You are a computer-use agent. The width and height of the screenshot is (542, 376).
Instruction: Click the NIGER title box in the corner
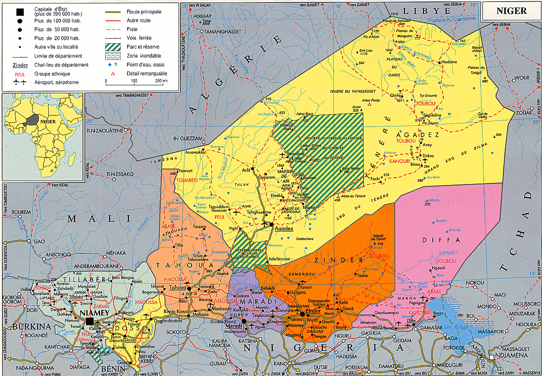point(511,11)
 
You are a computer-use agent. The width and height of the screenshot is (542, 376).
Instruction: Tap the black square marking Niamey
point(90,321)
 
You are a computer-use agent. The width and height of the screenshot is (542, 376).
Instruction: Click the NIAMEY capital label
point(92,313)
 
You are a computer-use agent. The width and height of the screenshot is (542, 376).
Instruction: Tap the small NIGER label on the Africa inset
point(47,121)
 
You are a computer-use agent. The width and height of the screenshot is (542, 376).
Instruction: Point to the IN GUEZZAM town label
point(189,138)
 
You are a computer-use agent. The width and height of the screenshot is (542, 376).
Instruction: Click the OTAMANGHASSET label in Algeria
point(220,31)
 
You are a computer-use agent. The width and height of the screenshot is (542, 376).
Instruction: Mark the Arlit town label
point(246,169)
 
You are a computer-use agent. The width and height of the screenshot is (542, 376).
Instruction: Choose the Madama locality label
point(449,62)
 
